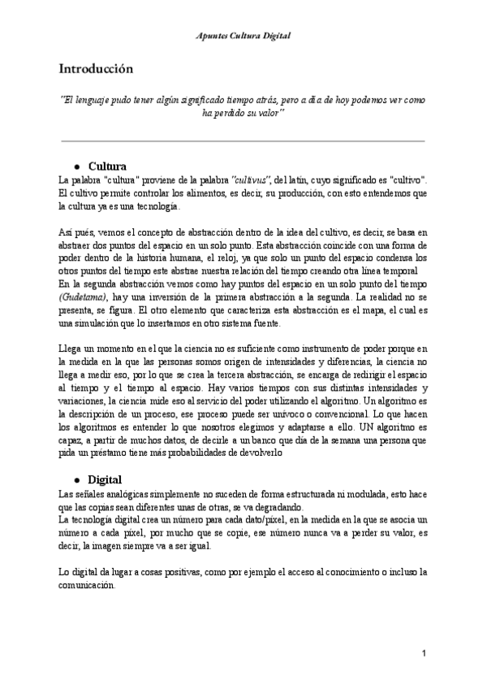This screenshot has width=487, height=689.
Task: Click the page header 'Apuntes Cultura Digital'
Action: coord(243,37)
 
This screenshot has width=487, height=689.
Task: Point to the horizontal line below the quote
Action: coord(243,141)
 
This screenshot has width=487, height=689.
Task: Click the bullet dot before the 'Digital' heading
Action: coord(75,479)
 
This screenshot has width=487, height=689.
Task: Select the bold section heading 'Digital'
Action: coord(104,479)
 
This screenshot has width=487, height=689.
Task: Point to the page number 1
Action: coord(424,653)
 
